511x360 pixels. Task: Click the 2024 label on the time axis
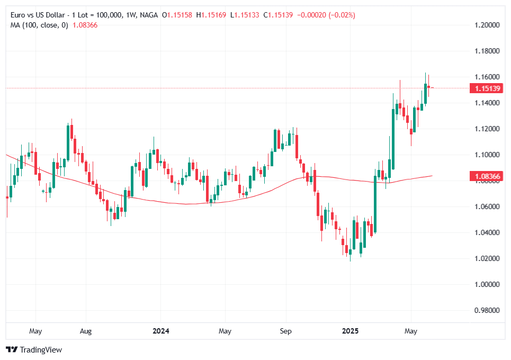click(160, 331)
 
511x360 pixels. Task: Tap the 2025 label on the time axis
click(350, 331)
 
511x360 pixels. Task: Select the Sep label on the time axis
click(285, 331)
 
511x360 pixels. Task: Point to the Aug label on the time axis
click(85, 331)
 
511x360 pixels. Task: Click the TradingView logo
click(34, 349)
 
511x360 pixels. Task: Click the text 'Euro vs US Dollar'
click(37, 15)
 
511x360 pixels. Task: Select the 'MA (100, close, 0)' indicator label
click(39, 25)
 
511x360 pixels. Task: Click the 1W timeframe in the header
click(129, 15)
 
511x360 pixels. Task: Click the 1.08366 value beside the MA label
click(85, 25)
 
